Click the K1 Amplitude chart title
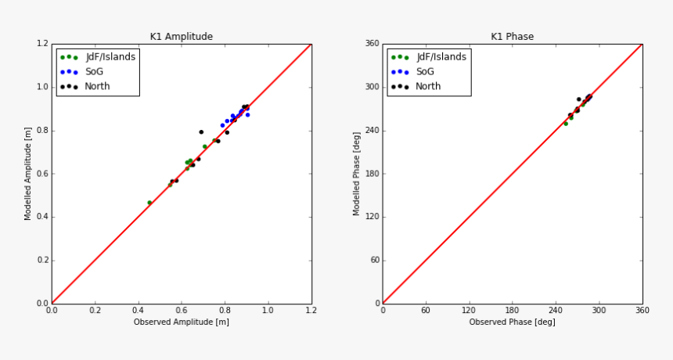[x=182, y=37]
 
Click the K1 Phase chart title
[x=513, y=37]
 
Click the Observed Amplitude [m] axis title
[x=182, y=322]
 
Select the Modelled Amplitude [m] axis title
[x=28, y=173]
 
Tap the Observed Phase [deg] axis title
[x=513, y=322]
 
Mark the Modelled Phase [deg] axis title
[x=357, y=173]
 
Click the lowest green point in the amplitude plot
[x=149, y=203]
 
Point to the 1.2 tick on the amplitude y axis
[x=42, y=44]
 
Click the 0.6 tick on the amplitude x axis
[x=182, y=311]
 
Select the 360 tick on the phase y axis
[x=371, y=44]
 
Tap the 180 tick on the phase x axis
[x=513, y=311]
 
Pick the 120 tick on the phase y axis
[x=371, y=217]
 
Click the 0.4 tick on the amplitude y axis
[x=42, y=217]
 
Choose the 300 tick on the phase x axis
[x=599, y=311]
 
